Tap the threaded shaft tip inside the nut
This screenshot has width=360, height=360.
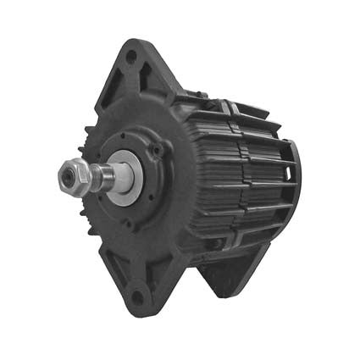[66, 175]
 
